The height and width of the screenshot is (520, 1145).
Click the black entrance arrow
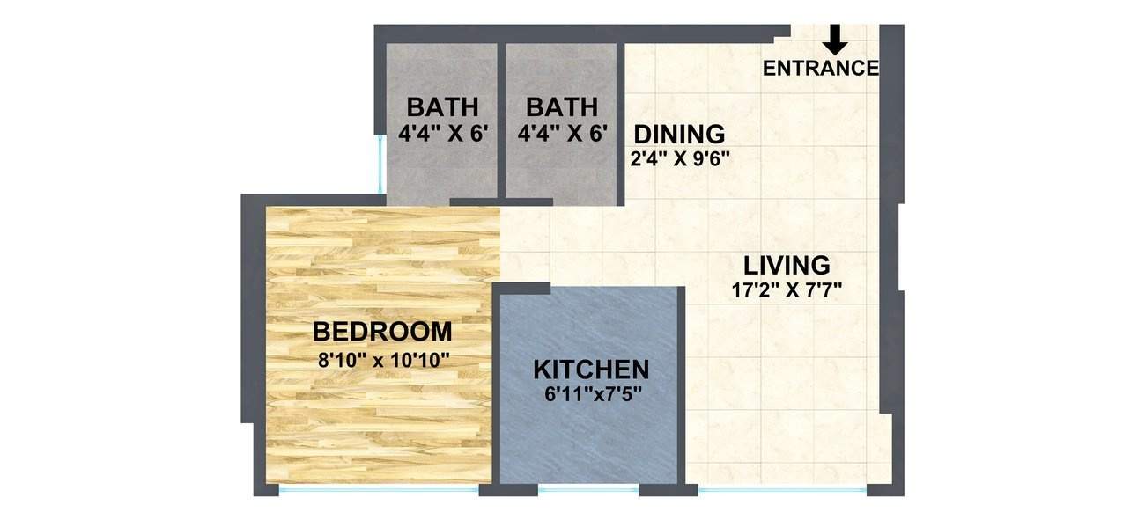pyautogui.click(x=837, y=38)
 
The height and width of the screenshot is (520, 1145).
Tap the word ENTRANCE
pyautogui.click(x=820, y=69)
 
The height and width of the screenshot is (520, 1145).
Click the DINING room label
pyautogui.click(x=679, y=135)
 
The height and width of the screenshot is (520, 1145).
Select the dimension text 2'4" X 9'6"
pyautogui.click(x=679, y=159)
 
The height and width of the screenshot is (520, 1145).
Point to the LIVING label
pyautogui.click(x=787, y=265)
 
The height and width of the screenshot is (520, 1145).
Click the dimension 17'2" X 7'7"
pyautogui.click(x=787, y=290)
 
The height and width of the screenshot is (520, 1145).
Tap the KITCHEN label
pyautogui.click(x=591, y=370)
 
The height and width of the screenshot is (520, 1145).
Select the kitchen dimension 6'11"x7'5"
pyautogui.click(x=591, y=393)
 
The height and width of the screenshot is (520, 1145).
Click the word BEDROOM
pyautogui.click(x=382, y=333)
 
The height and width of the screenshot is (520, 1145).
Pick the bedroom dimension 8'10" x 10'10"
pyautogui.click(x=382, y=359)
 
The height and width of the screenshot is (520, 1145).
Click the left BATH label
pyautogui.click(x=442, y=108)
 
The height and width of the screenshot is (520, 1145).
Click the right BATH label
pyautogui.click(x=562, y=108)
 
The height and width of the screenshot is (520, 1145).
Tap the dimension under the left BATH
pyautogui.click(x=442, y=134)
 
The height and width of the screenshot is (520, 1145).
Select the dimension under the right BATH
pyautogui.click(x=562, y=134)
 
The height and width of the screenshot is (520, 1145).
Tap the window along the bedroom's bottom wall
pyautogui.click(x=379, y=487)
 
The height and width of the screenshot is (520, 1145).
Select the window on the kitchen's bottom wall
pyautogui.click(x=588, y=487)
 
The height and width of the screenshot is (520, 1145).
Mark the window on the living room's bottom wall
pyautogui.click(x=780, y=487)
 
